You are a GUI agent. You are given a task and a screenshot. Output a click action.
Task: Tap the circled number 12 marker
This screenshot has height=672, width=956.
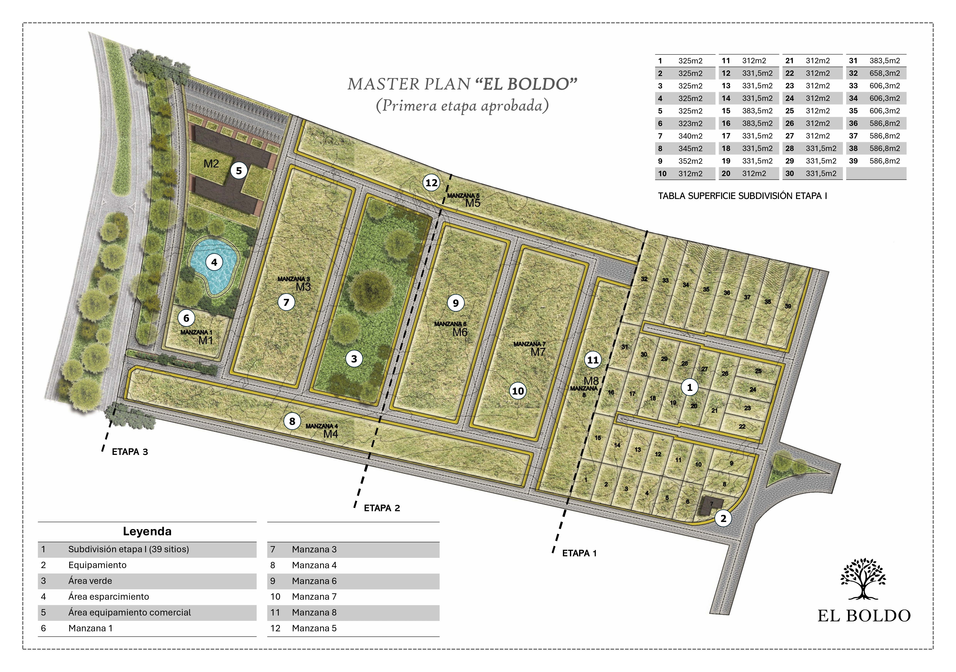pyautogui.click(x=431, y=183)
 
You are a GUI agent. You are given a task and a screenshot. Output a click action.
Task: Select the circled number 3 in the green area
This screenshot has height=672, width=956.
pyautogui.click(x=354, y=359)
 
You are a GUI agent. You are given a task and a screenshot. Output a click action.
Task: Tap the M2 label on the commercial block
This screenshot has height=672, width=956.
pyautogui.click(x=211, y=164)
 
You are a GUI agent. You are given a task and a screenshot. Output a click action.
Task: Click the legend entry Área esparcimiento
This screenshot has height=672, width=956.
pyautogui.click(x=109, y=597)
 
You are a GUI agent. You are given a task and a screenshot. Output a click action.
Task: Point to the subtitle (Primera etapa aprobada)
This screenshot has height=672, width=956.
pyautogui.click(x=462, y=106)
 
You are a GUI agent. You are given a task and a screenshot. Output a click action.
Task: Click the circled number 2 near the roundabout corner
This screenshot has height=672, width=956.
pyautogui.click(x=723, y=519)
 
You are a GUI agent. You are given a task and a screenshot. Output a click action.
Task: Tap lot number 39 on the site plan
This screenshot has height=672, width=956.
pyautogui.click(x=788, y=306)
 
